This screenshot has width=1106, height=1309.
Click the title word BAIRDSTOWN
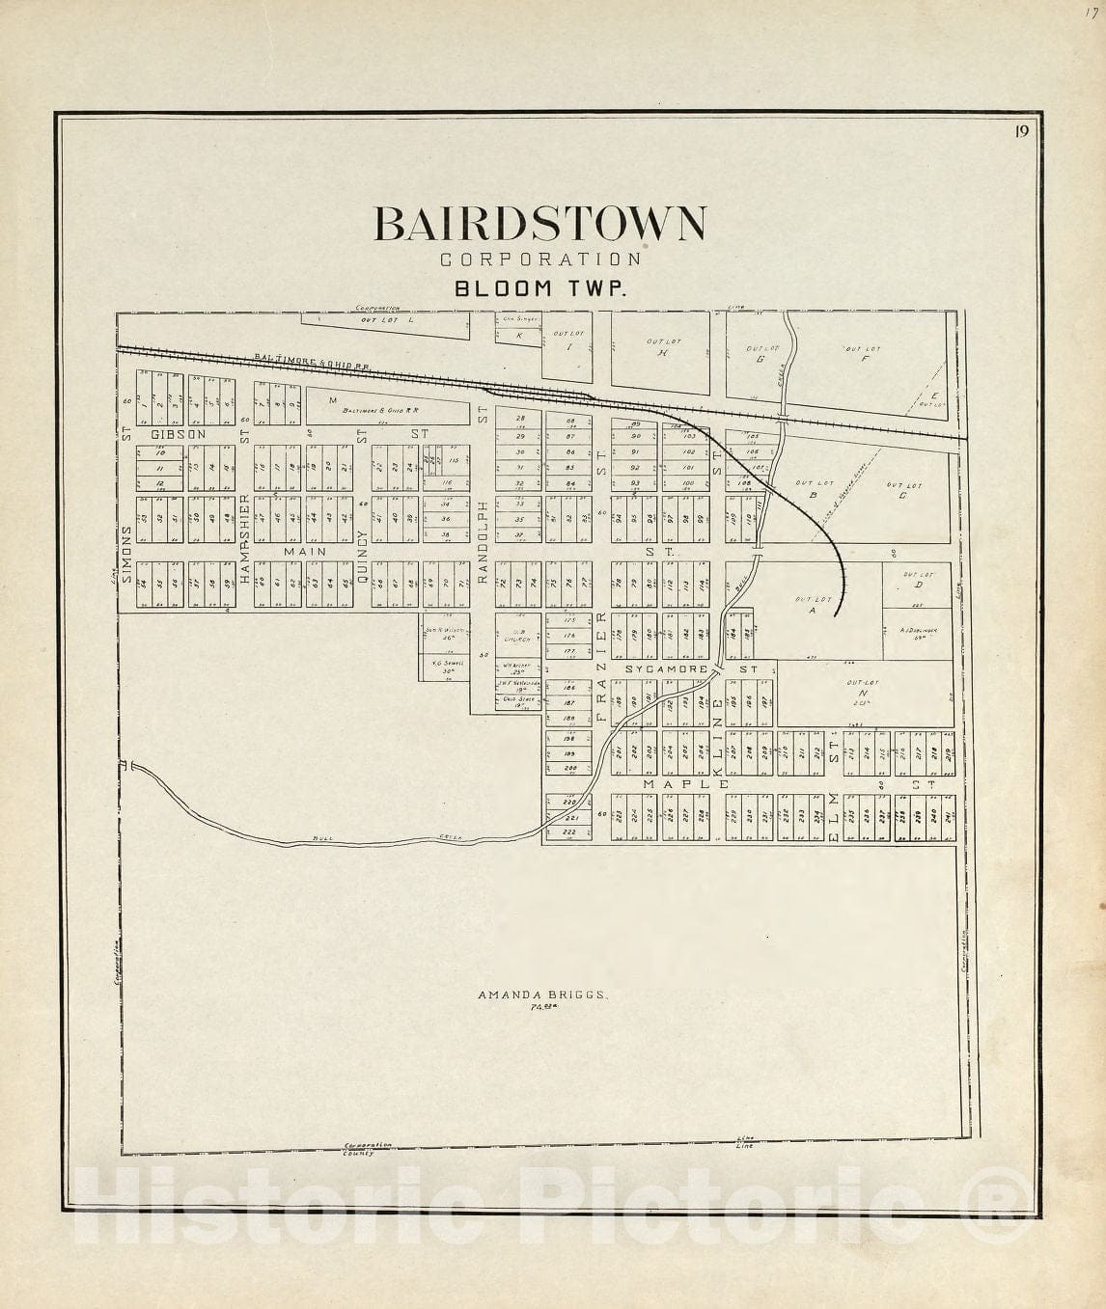click(x=539, y=224)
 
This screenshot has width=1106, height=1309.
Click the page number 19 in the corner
click(x=1021, y=132)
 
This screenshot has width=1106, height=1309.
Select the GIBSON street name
click(x=179, y=434)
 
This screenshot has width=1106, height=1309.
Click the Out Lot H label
click(x=662, y=347)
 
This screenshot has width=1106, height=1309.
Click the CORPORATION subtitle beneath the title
click(x=540, y=259)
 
